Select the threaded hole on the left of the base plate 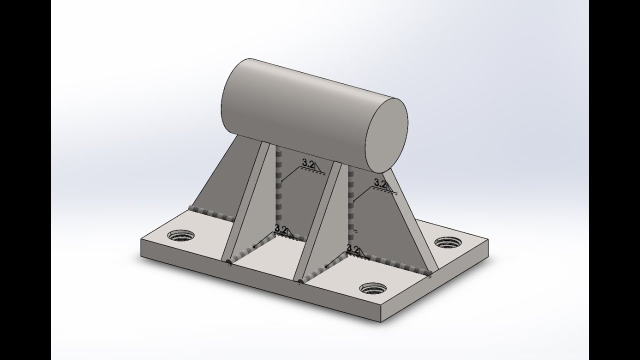pyautogui.click(x=180, y=235)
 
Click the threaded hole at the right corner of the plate pyautogui.click(x=448, y=242)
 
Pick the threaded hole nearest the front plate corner pyautogui.click(x=372, y=289)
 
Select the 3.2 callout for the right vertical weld pyautogui.click(x=381, y=183)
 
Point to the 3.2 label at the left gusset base pyautogui.click(x=281, y=230)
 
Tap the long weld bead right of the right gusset pyautogui.click(x=395, y=263)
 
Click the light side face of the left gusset pyautogui.click(x=250, y=200)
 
